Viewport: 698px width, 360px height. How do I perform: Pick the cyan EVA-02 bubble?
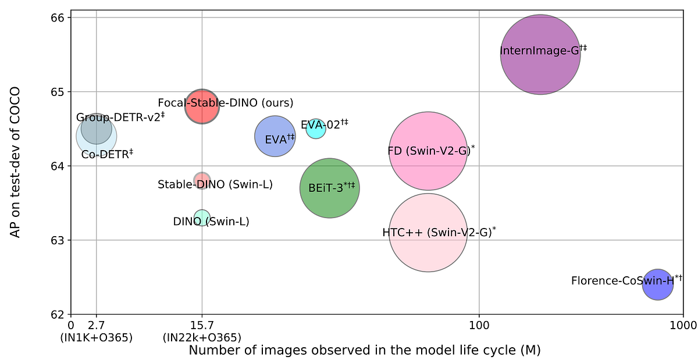pos(316,129)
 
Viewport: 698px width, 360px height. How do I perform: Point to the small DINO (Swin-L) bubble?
pos(201,218)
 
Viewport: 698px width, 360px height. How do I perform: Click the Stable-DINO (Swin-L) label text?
pos(215,185)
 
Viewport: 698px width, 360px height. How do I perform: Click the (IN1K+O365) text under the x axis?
pos(96,337)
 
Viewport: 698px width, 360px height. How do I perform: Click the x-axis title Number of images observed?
pos(365,351)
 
